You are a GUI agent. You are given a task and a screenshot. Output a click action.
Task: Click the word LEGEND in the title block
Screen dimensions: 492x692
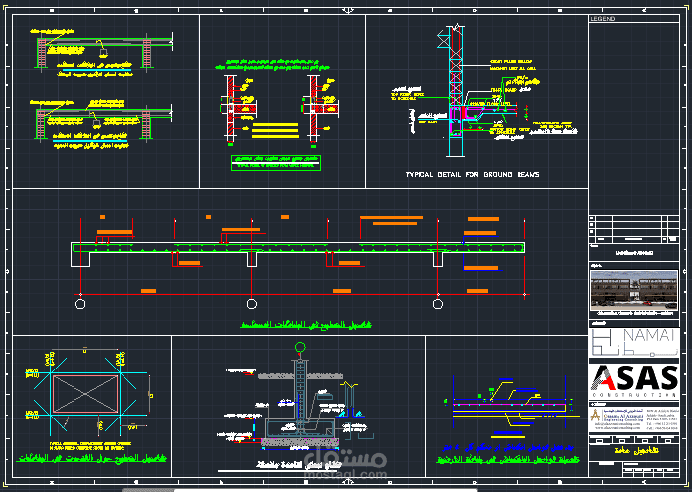pos(603,19)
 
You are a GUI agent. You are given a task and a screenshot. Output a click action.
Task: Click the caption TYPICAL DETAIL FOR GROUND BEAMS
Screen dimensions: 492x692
pos(472,174)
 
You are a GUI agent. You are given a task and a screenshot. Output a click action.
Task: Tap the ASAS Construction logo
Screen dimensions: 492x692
pos(634,381)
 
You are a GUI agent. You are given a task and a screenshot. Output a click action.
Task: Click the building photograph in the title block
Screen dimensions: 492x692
pos(634,290)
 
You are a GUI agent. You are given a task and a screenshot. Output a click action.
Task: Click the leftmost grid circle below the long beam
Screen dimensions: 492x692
pos(79,304)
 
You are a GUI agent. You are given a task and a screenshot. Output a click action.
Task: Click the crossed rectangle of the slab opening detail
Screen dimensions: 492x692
pos(86,397)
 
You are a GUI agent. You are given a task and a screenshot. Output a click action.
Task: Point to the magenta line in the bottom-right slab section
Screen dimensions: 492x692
pos(505,403)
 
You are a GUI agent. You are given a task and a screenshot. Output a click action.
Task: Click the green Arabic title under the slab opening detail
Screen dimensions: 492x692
pos(90,458)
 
